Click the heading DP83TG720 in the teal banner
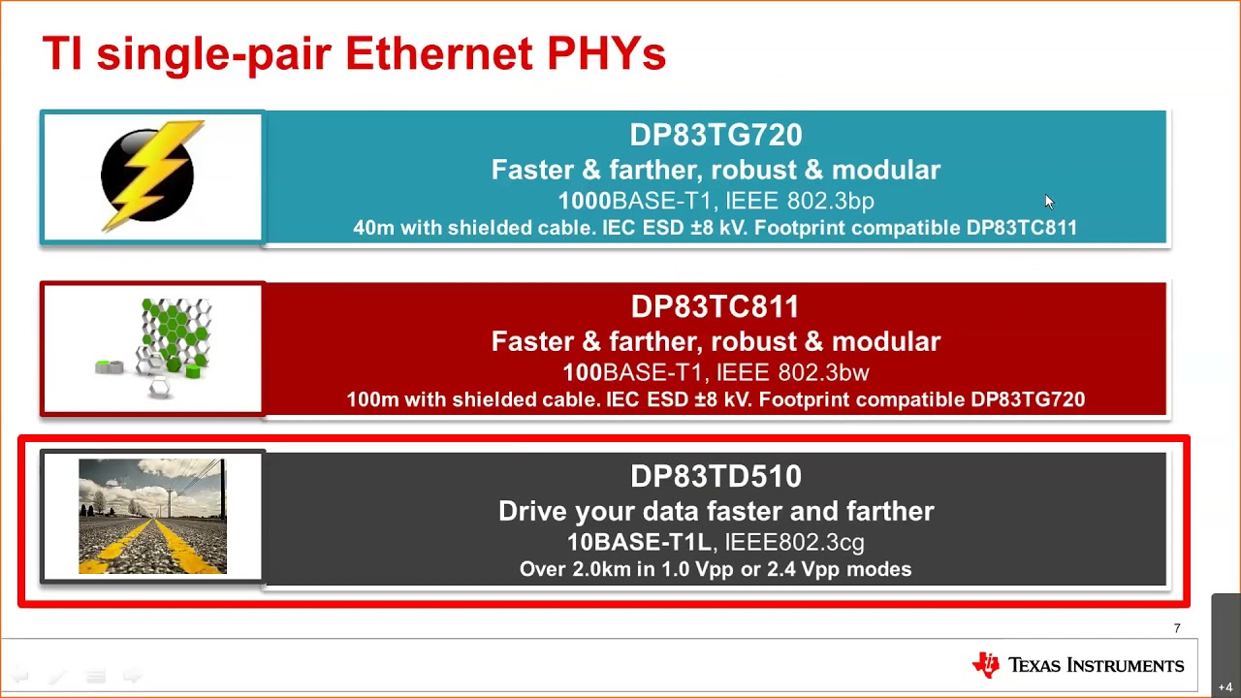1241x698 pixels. click(x=716, y=135)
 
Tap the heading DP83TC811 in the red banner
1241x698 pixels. click(x=716, y=306)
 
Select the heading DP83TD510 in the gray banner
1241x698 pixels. click(x=716, y=476)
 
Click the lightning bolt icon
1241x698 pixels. click(x=149, y=175)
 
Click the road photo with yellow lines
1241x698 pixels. click(x=152, y=517)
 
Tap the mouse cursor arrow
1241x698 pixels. click(x=1049, y=202)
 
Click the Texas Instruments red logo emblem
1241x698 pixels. click(x=986, y=664)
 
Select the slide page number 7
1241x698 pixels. click(x=1177, y=628)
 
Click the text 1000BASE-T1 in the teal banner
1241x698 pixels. click(x=634, y=201)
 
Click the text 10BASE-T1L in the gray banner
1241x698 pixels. click(x=639, y=542)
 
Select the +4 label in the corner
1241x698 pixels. click(x=1225, y=687)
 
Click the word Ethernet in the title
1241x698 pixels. click(x=439, y=53)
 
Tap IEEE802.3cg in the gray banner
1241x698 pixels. click(x=794, y=542)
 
